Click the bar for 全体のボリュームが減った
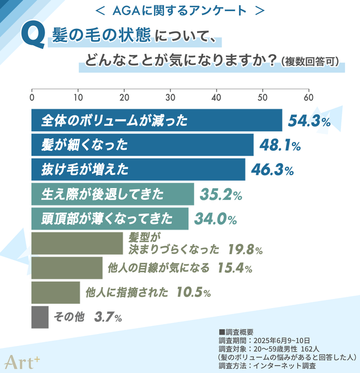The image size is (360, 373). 157,120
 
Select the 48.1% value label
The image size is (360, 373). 280,145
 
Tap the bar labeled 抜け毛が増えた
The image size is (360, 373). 138,170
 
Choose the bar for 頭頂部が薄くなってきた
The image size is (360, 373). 110,218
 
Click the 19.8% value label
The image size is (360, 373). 244,249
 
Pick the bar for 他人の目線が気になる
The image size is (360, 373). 67,268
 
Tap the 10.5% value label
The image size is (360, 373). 193,292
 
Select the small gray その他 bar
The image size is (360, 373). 40,317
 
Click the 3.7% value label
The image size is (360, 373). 108,318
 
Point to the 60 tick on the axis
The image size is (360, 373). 308,98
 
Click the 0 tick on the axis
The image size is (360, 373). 32,98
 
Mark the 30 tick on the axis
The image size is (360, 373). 170,98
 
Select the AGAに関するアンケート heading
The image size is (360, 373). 179,10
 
